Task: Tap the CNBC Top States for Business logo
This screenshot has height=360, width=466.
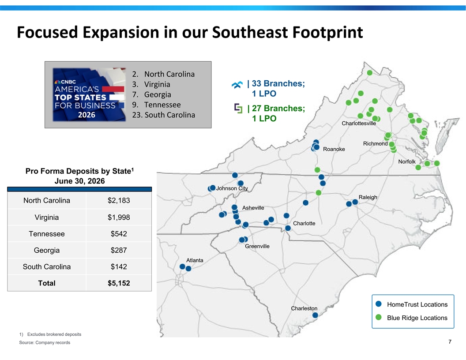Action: pos(89,94)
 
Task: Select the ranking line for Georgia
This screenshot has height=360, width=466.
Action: pos(151,94)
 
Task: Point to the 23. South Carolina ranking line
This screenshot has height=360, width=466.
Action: pos(164,115)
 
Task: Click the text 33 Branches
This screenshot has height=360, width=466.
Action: pos(278,83)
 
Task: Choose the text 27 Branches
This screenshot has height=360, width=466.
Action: pos(278,109)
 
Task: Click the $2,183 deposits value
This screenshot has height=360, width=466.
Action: pos(119,200)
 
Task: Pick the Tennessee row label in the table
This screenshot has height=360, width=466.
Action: pos(47,234)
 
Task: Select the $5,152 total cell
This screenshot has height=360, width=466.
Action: pos(119,283)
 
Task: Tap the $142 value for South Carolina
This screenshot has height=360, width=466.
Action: pos(119,267)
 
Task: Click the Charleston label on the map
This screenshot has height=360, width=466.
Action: pos(304,308)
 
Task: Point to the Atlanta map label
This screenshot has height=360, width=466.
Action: pos(195,260)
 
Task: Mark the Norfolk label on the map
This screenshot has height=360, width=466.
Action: pos(407,161)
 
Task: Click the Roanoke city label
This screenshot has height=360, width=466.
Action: pos(334,149)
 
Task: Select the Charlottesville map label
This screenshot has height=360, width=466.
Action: pos(359,123)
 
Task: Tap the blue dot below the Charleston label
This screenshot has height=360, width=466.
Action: pos(315,315)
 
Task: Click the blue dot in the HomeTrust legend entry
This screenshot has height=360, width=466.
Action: pos(378,304)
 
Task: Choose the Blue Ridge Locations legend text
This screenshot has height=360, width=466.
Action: pos(417,318)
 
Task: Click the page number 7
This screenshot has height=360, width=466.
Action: pos(450,342)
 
